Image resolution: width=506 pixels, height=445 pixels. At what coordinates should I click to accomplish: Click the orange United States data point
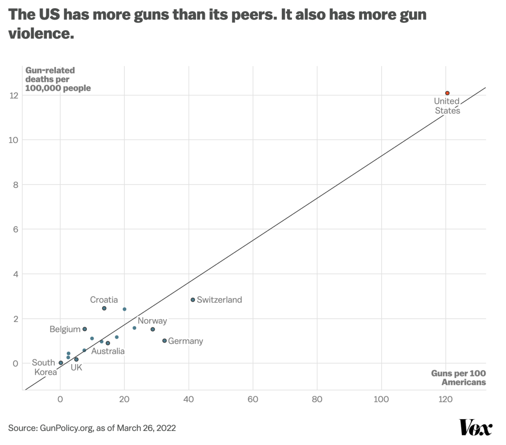click(x=447, y=93)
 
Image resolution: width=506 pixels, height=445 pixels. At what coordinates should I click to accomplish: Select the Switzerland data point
click(x=193, y=300)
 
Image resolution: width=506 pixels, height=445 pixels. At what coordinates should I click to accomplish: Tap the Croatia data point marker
click(x=104, y=308)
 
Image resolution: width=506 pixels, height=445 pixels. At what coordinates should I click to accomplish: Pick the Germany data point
click(x=165, y=340)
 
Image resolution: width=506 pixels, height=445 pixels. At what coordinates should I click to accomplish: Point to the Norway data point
click(x=152, y=329)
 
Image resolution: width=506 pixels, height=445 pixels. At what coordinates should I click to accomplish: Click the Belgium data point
click(x=85, y=329)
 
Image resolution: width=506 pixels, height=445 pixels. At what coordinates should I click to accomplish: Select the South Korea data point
click(x=61, y=363)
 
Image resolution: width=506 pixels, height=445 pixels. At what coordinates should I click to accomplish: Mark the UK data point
click(x=76, y=359)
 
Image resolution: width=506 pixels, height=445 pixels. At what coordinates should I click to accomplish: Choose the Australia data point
click(x=108, y=343)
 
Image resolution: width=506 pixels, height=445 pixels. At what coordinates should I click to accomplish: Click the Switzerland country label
click(x=219, y=300)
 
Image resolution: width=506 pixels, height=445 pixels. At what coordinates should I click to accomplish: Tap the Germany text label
click(x=185, y=341)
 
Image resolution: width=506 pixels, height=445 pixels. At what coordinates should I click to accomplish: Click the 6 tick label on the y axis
click(x=16, y=229)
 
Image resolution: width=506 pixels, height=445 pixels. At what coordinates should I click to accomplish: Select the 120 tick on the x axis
click(x=446, y=399)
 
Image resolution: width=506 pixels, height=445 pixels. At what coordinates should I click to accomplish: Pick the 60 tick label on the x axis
click(x=253, y=399)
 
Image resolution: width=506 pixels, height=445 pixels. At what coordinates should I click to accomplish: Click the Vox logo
click(x=476, y=428)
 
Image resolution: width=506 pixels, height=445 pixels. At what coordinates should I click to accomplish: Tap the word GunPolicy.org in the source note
click(x=66, y=428)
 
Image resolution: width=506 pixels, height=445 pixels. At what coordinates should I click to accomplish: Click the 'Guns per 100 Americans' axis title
click(x=459, y=378)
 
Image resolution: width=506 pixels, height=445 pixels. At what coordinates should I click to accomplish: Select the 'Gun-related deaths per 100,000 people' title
click(x=58, y=79)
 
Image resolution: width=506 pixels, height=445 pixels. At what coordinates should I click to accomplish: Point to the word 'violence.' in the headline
click(x=41, y=33)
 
